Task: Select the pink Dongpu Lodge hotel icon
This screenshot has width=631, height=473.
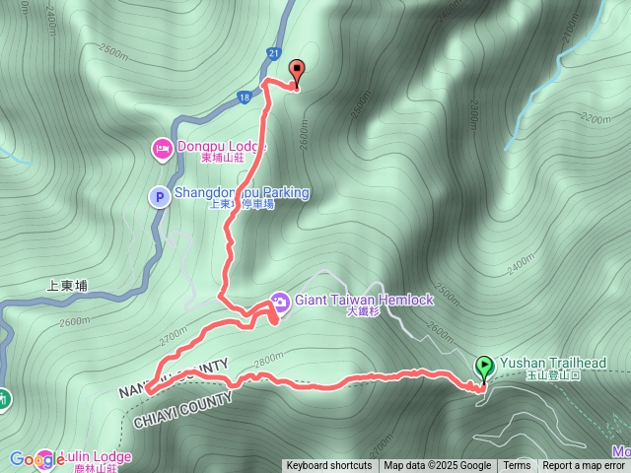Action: pyautogui.click(x=161, y=149)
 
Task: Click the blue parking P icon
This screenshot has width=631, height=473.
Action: pyautogui.click(x=158, y=197)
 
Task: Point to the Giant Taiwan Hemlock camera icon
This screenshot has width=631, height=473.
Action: pyautogui.click(x=279, y=300)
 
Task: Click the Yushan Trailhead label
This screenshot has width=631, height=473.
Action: pyautogui.click(x=552, y=363)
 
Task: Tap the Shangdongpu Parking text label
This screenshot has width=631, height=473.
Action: pyautogui.click(x=242, y=193)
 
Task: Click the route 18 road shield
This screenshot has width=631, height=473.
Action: pyautogui.click(x=244, y=97)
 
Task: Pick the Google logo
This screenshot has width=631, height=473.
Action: pyautogui.click(x=35, y=459)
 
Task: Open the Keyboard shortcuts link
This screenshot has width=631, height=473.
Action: pyautogui.click(x=329, y=466)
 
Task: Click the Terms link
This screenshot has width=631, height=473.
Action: pyautogui.click(x=517, y=466)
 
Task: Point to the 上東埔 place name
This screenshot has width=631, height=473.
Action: pyautogui.click(x=67, y=286)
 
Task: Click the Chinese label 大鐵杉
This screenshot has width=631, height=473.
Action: pyautogui.click(x=364, y=312)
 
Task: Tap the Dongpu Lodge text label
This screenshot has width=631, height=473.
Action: pyautogui.click(x=222, y=147)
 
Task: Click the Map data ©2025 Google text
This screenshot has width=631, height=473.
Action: pyautogui.click(x=438, y=466)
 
